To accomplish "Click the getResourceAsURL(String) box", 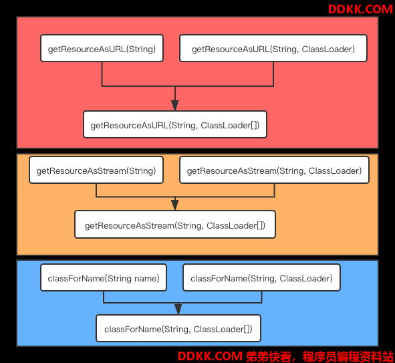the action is coord(102,48).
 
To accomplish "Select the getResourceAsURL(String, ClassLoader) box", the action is coord(273,48).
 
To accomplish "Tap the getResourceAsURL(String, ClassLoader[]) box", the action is coord(175,124).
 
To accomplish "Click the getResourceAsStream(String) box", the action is coord(96,170).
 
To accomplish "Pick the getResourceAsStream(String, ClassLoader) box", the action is coord(274,170).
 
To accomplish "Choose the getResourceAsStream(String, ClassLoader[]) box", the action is coord(175,225).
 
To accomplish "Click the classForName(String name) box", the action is coord(104,277).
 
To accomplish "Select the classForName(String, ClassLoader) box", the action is coord(262,277).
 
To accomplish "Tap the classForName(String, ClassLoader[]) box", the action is coord(178,328).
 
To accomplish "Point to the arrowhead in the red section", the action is coord(175,106).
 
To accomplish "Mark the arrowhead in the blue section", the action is coord(178,309).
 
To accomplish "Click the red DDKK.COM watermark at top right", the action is coord(360,9).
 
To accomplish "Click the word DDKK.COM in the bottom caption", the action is coord(210,356).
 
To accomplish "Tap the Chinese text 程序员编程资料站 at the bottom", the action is coord(348,356).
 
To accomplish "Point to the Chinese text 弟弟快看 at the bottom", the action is coord(269,356).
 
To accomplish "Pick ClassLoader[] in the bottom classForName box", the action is coord(223,330).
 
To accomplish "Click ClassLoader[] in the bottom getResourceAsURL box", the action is coord(230,125).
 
